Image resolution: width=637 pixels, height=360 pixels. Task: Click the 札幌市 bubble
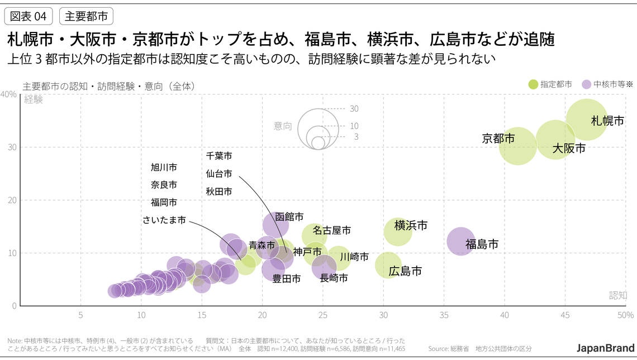point(586,120)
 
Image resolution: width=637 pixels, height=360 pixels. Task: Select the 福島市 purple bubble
point(461,241)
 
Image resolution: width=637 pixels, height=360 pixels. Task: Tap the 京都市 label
point(498,138)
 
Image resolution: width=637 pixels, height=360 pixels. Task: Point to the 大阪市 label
point(569,149)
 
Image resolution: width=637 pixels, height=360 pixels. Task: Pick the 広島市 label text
point(405,272)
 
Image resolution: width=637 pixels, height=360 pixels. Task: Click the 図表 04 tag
point(28,16)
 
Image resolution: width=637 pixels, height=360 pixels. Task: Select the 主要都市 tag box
point(86,16)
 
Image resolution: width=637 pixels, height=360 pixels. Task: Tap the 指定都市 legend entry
point(550,84)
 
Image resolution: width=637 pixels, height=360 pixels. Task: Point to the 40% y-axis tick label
point(8,94)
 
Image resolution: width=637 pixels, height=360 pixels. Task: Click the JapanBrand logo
point(606,347)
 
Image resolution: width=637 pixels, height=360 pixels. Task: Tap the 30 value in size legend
point(354,108)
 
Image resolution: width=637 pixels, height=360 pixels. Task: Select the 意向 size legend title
point(283,126)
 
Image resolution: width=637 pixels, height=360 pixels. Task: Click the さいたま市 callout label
point(164,220)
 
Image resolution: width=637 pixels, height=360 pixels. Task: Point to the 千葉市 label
point(219,156)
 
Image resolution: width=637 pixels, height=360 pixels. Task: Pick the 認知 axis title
point(618,295)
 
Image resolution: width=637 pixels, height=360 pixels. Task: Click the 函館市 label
point(289,216)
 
